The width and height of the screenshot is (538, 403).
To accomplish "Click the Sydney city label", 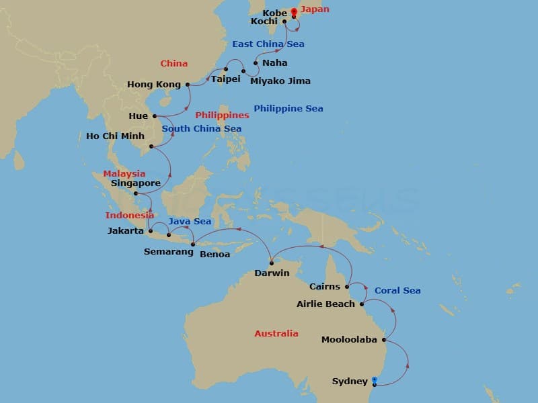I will [350, 382].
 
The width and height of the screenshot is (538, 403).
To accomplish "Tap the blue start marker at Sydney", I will [375, 380].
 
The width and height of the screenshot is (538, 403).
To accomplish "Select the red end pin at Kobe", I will [294, 11].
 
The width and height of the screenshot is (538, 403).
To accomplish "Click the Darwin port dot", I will [272, 263].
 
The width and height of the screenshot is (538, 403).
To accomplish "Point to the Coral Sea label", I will [397, 290].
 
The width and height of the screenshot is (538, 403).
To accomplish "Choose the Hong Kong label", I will [154, 85].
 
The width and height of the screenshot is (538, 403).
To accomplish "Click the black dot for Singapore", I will [136, 194].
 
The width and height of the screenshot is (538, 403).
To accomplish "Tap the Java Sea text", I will [190, 221].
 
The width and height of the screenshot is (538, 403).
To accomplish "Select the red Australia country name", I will [276, 333].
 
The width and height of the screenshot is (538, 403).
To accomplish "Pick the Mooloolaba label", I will [349, 339].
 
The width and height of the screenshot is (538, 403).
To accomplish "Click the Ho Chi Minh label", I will [115, 136].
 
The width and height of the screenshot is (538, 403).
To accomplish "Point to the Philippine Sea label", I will [288, 108].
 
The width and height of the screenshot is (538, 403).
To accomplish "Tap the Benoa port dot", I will [193, 244].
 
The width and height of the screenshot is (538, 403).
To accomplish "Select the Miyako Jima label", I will [280, 81].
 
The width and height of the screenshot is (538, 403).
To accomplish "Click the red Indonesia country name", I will [130, 215].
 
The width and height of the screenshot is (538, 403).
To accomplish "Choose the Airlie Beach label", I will [325, 304].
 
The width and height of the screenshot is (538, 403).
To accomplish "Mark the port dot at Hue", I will [155, 116].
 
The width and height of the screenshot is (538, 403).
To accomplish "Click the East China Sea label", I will [268, 44].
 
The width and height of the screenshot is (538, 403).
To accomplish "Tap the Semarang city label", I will [166, 252].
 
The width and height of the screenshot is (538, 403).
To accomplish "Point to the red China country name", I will [173, 64].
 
